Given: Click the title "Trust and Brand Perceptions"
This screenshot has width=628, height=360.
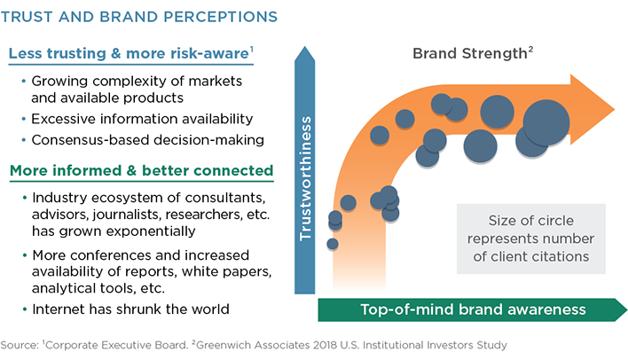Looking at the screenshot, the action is tap(139, 17).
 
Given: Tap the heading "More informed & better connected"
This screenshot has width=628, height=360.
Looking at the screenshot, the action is tap(141, 170).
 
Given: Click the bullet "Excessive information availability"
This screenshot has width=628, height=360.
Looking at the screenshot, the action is tap(142, 119).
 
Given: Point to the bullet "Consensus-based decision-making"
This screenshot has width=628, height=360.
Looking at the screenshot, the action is tap(148, 140).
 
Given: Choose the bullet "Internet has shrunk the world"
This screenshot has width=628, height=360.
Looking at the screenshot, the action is tap(130, 309).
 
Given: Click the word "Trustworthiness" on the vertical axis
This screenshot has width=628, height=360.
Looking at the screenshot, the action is tap(305, 178).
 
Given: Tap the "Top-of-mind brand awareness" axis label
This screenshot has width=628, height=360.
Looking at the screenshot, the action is tap(473, 309).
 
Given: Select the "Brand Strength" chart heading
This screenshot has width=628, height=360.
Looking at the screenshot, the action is tap(473, 53).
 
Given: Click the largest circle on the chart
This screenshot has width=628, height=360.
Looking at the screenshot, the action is tap(546, 122).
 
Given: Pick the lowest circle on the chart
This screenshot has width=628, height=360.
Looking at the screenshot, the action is tap(333, 244).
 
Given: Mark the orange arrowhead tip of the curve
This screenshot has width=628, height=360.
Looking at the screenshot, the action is tap(615, 109).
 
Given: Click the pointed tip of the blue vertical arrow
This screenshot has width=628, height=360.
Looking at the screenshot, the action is tap(305, 47).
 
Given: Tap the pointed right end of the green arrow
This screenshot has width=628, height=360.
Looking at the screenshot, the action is tap(626, 309).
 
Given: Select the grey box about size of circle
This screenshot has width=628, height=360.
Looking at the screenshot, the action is tap(531, 239).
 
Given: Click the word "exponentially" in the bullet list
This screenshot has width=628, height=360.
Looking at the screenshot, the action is tap(153, 231).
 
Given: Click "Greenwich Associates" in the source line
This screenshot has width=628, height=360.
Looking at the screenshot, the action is tap(253, 345).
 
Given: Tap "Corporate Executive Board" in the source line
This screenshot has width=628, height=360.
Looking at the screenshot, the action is tap(115, 345).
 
